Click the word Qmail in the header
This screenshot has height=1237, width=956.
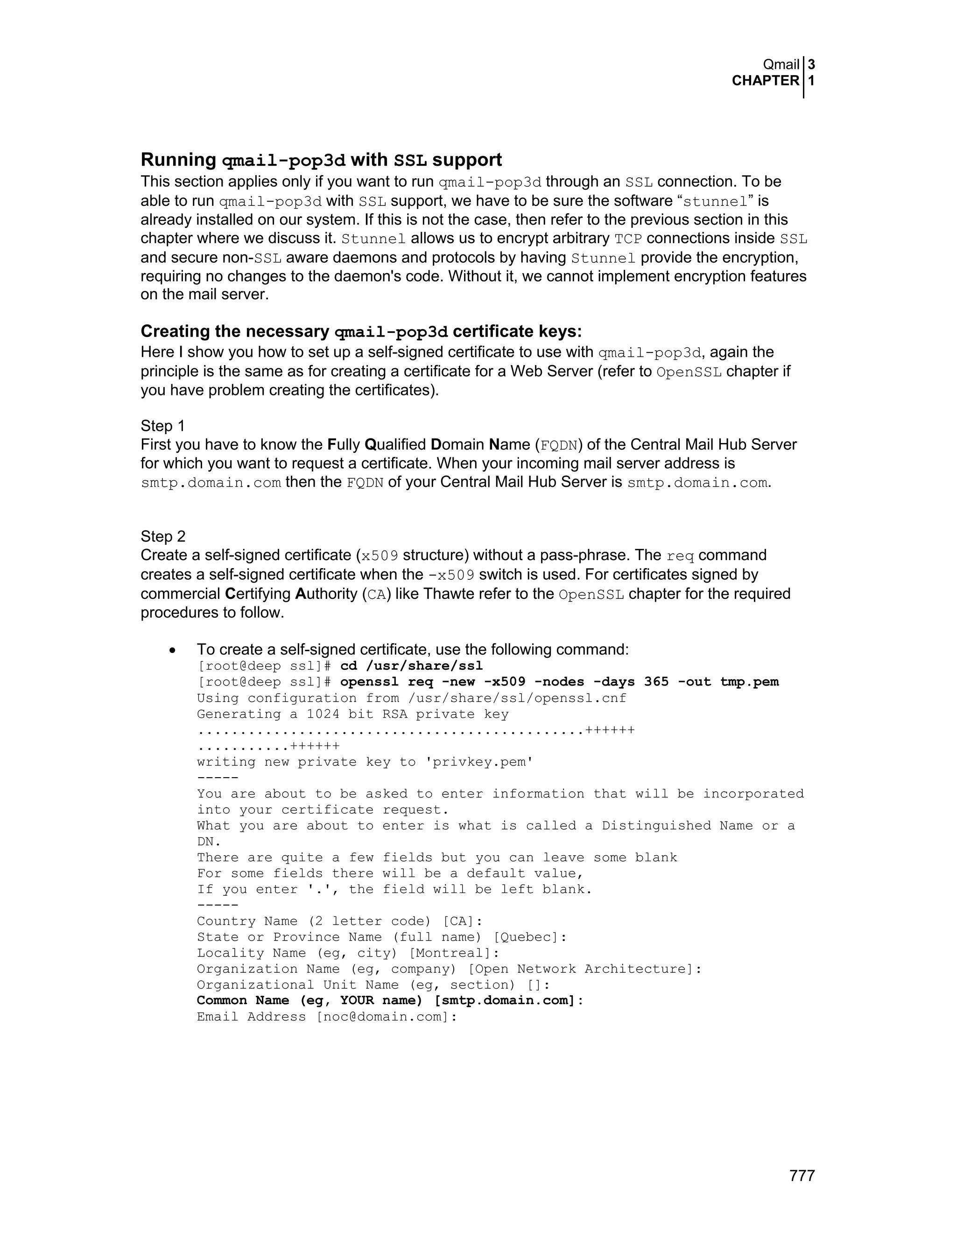tap(781, 64)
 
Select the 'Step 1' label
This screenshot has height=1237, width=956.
tap(162, 426)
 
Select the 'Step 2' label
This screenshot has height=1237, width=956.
tap(162, 536)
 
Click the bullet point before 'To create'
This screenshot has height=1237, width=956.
tap(173, 650)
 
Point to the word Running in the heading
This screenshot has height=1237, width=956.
tap(178, 160)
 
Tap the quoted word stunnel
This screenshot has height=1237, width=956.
tap(716, 202)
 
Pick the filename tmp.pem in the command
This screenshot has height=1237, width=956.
tap(749, 682)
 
